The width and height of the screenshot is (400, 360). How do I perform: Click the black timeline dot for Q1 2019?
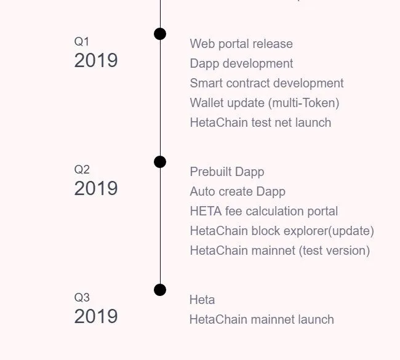tap(160, 34)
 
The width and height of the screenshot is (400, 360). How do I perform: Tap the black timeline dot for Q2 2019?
tap(160, 162)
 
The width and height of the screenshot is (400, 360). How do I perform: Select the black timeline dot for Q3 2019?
tap(160, 290)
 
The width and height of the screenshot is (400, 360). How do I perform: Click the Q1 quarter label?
tap(82, 42)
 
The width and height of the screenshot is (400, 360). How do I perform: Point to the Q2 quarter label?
tap(82, 170)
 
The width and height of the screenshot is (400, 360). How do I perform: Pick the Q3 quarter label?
tap(82, 297)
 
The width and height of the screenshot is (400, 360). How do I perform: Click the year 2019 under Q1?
tap(96, 60)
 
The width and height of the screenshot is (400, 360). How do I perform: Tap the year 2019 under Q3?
tap(96, 316)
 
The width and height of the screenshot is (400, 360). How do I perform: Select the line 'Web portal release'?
tap(241, 44)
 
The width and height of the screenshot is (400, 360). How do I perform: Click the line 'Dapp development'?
tap(242, 63)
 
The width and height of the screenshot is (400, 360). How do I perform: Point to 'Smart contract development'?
tap(267, 83)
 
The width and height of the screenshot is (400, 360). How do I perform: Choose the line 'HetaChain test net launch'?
tap(261, 122)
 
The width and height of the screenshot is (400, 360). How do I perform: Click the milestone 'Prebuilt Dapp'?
tap(227, 172)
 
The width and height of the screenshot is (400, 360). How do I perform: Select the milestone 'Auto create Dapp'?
tap(238, 191)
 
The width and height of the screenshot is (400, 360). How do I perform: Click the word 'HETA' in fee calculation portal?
tap(206, 211)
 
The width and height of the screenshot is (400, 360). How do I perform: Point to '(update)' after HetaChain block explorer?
tap(351, 231)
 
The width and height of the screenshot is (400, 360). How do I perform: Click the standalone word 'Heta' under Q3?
tap(202, 300)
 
